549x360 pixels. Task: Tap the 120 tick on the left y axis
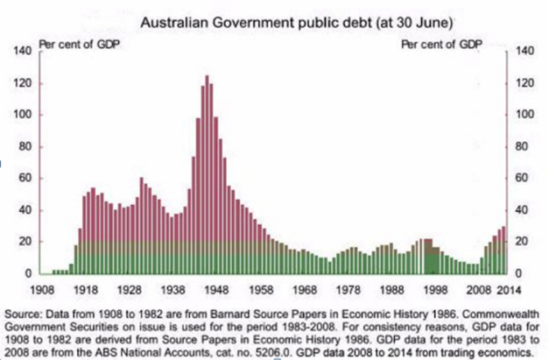(24, 83)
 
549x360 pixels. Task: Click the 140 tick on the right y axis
(526, 52)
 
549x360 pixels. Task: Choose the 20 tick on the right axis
(524, 243)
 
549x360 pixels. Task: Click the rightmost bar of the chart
(506, 251)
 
